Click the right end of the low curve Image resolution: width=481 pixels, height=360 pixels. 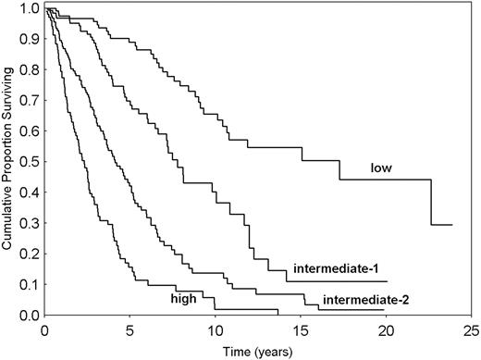(451, 225)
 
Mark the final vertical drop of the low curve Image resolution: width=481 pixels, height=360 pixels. (431, 203)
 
